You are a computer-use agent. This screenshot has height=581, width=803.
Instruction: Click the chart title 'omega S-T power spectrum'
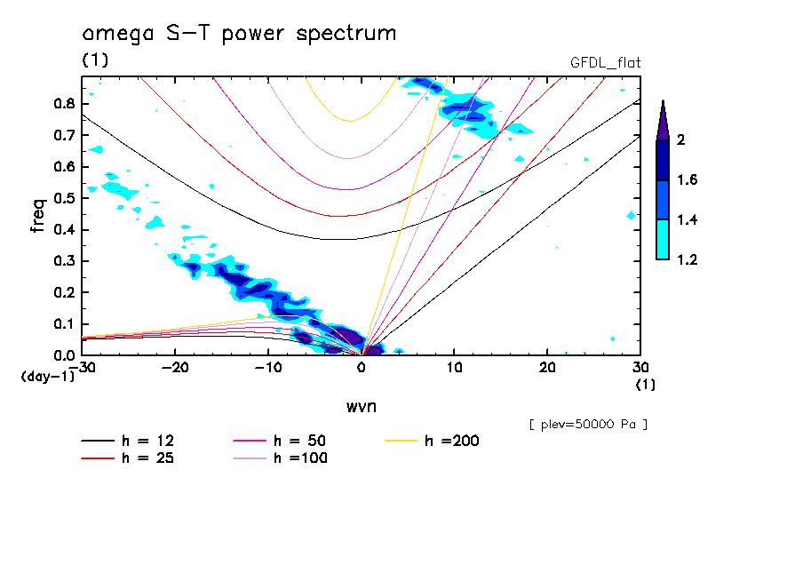pos(239,34)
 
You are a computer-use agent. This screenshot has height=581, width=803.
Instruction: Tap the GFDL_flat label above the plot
pos(605,62)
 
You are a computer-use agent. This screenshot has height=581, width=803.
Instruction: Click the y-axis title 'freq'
pos(38,215)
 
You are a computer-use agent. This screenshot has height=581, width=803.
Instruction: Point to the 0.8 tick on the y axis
pos(63,103)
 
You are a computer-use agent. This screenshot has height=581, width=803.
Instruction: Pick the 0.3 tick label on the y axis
pos(63,261)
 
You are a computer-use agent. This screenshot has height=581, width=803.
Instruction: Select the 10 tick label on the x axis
pos(454,367)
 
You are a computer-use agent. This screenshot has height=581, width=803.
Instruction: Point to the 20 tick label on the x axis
pos(547,367)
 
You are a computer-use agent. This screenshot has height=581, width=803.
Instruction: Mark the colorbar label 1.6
pos(688,179)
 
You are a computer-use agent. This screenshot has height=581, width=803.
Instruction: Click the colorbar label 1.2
pos(688,259)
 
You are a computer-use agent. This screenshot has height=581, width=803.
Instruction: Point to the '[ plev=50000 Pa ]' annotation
pos(587,425)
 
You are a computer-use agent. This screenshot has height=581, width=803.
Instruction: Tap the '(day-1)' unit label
pos(48,377)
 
